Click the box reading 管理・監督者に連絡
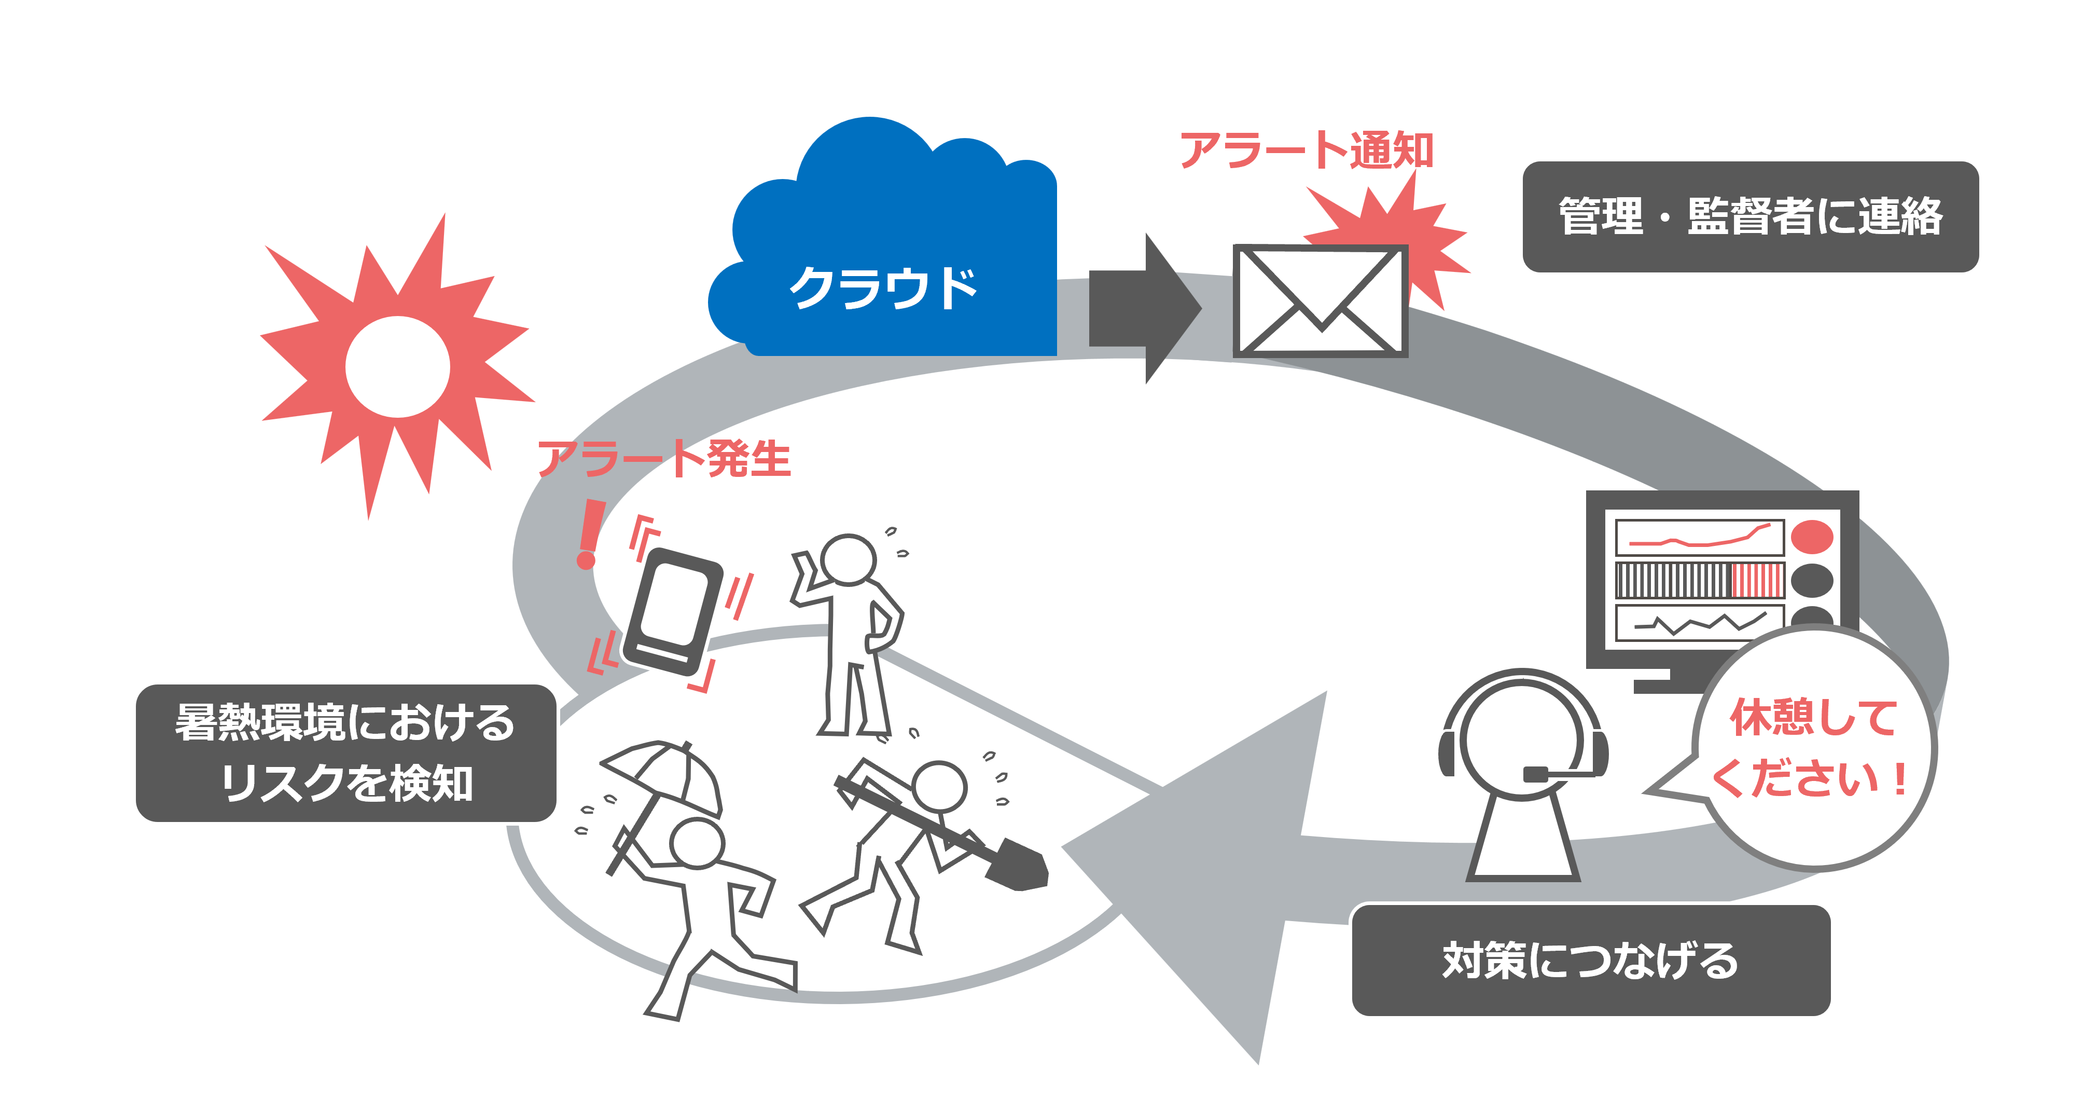click(x=1749, y=216)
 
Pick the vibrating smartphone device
click(x=672, y=611)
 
